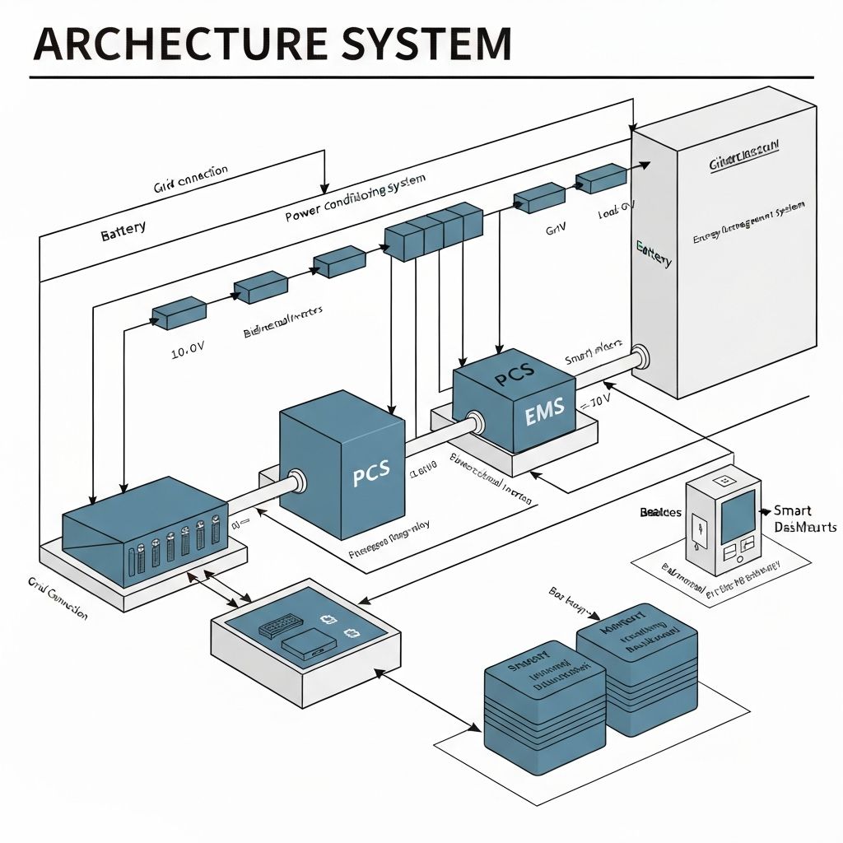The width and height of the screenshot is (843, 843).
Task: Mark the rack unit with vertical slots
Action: (145, 536)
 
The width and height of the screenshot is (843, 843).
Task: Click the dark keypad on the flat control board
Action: (281, 627)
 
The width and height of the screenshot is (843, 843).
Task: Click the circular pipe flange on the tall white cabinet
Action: (640, 356)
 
